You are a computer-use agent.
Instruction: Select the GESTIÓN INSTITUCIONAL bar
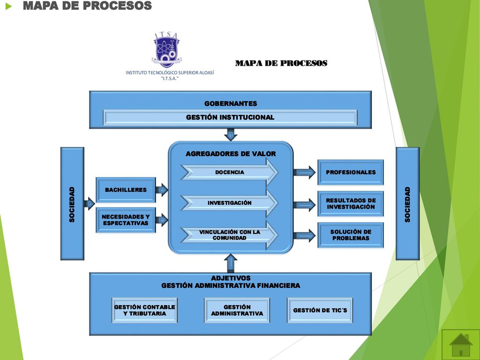click(230, 117)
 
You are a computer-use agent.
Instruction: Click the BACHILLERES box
click(126, 190)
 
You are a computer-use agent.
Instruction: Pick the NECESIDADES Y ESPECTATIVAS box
click(126, 220)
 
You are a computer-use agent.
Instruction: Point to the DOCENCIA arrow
click(230, 172)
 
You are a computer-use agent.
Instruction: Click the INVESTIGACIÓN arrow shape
click(230, 202)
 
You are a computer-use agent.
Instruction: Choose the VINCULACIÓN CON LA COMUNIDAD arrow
click(230, 235)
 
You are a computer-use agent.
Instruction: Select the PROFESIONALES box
click(351, 172)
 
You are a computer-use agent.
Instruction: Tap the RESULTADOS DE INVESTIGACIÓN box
click(351, 203)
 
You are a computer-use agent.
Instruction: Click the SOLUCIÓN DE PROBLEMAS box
click(351, 235)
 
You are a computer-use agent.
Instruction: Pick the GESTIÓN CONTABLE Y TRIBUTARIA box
click(144, 310)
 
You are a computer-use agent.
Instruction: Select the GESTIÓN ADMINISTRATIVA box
click(237, 310)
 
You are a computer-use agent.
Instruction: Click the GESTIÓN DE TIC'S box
click(320, 310)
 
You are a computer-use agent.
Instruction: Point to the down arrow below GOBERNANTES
click(231, 135)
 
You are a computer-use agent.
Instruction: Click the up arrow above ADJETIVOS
click(231, 263)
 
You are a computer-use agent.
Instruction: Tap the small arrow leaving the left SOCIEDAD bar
click(90, 203)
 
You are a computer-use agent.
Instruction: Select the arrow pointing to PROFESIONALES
click(305, 172)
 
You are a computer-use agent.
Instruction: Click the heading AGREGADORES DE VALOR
click(231, 154)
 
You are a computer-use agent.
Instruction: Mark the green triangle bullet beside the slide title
click(8, 6)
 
